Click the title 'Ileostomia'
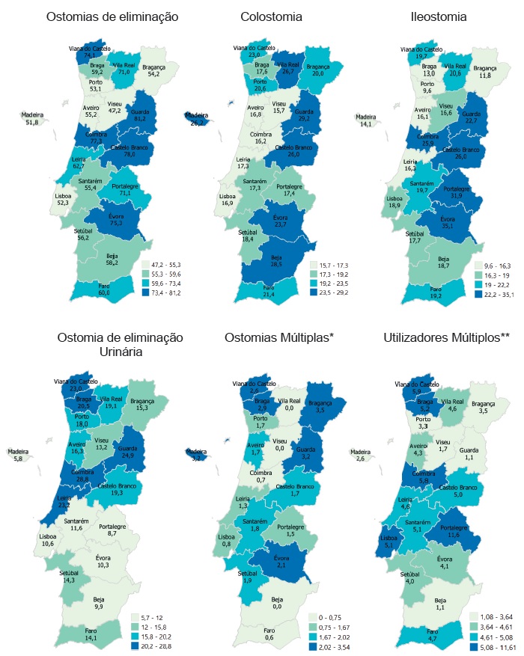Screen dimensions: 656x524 pos(439,16)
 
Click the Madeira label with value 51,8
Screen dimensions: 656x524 pos(31,122)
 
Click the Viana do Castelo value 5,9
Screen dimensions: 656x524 pos(421,391)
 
